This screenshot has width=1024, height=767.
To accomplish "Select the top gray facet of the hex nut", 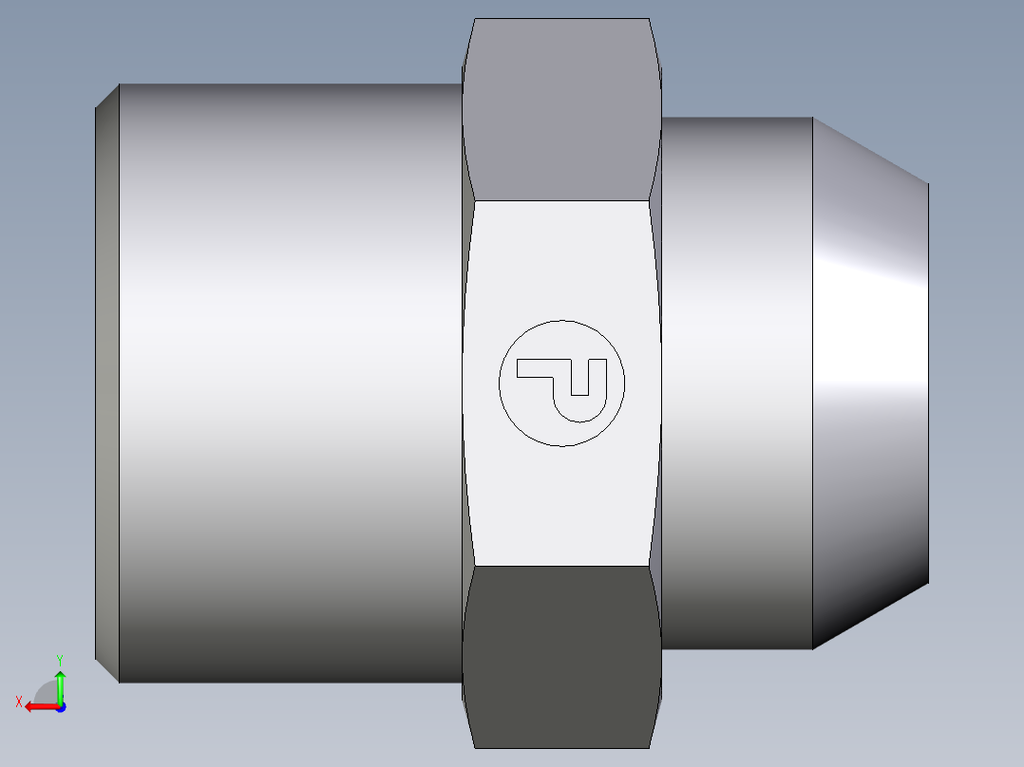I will tap(561, 109).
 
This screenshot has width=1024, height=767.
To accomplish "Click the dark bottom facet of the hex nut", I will tap(561, 655).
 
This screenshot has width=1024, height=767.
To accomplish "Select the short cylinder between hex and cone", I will tap(736, 380).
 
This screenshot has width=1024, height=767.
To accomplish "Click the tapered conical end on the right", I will tap(869, 380).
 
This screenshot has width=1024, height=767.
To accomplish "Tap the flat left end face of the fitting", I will tap(106, 380).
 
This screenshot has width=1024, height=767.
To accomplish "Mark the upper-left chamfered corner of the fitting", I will tap(107, 95).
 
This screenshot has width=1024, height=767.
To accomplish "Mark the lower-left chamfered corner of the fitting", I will tap(107, 670).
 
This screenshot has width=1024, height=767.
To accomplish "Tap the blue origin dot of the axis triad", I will tap(60, 706).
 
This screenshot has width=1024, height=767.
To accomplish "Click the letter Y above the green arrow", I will tap(59, 659).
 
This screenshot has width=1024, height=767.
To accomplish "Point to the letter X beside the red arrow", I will tap(19, 702).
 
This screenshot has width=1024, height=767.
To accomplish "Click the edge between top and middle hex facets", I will tap(561, 200).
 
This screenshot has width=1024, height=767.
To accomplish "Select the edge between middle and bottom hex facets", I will tap(561, 566).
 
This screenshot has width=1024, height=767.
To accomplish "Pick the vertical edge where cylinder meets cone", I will tap(812, 380).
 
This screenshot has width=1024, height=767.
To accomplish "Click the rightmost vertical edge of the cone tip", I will tap(928, 380).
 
